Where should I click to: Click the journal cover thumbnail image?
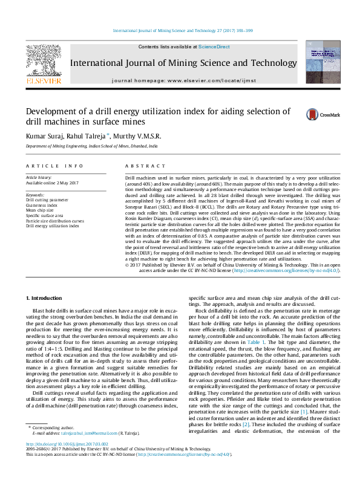[x=322, y=62]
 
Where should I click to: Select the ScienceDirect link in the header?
[x=214, y=47]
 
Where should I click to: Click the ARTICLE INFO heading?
[x=54, y=165]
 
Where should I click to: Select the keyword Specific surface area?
[x=44, y=215]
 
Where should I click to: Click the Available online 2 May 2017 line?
[x=52, y=183]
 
